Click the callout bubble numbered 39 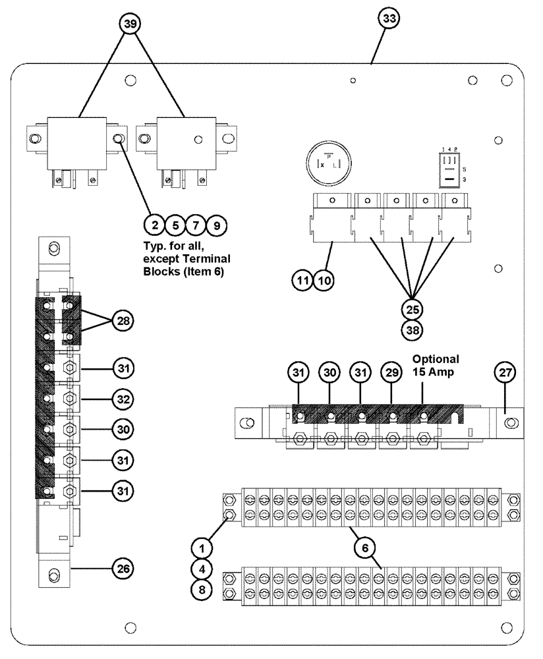pos(131,23)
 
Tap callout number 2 pos(155,225)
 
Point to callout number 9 pos(215,225)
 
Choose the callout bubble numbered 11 pos(302,280)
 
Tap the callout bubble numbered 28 pos(123,321)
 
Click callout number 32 pos(123,399)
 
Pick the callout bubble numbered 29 pos(391,372)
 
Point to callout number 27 pos(505,372)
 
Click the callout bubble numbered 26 pos(123,567)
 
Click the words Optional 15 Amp pos(436,366)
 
